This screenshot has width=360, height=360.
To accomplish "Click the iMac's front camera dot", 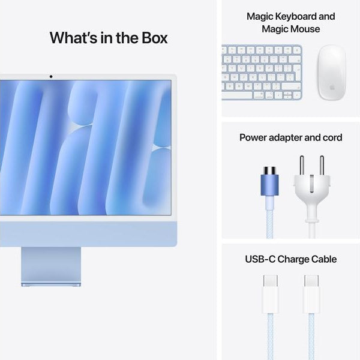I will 50,76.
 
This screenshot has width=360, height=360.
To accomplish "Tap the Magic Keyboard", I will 262,72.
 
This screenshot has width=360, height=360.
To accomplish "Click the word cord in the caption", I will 330,137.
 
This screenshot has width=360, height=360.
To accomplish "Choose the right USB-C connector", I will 311,294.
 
